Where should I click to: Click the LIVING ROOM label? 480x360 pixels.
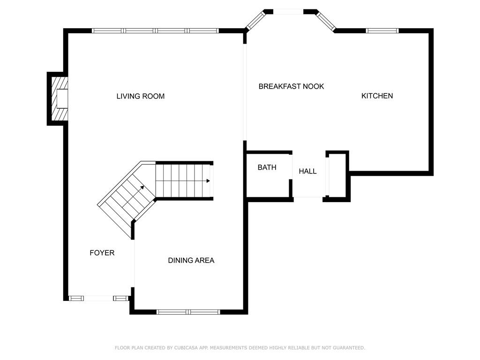[x=141, y=96]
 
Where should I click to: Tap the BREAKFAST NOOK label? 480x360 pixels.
[x=291, y=86]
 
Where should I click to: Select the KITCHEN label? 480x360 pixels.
[x=377, y=96]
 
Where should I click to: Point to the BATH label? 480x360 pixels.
[x=267, y=167]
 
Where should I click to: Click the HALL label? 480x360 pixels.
[x=307, y=171]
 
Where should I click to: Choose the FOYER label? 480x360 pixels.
[x=102, y=253]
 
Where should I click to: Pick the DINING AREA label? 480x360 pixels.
[x=191, y=261]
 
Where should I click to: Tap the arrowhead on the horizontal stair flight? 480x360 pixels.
[x=208, y=180]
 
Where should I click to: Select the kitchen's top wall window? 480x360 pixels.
[x=382, y=30]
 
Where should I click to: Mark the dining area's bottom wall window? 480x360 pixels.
[x=188, y=312]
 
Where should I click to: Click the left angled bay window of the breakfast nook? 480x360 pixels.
[x=255, y=21]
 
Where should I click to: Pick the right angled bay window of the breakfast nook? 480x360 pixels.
[x=326, y=21]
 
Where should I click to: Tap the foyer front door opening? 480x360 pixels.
[x=98, y=298]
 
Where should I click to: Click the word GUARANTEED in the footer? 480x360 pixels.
[x=349, y=348]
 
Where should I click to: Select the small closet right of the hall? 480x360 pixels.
[x=337, y=176]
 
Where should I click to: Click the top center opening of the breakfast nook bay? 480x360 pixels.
[x=288, y=12]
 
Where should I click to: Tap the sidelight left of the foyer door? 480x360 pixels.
[x=76, y=298]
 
